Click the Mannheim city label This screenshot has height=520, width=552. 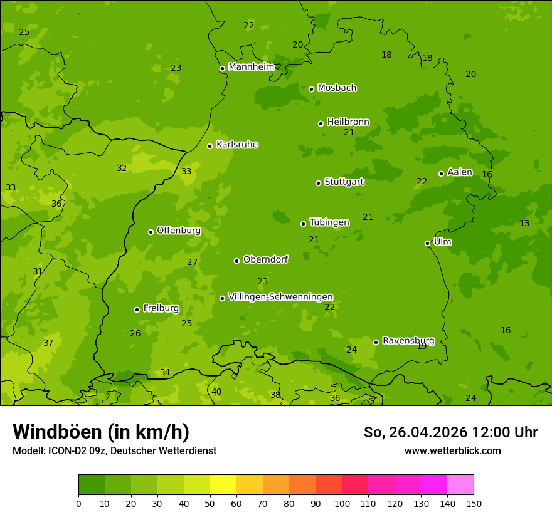tap(251, 66)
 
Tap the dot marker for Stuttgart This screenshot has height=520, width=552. tap(318, 183)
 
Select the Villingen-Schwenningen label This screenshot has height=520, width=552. tap(280, 297)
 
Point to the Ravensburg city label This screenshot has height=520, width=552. tap(408, 341)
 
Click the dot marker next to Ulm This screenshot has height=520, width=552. tap(427, 243)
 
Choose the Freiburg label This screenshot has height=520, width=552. tap(161, 308)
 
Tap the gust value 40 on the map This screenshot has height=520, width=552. tap(216, 392)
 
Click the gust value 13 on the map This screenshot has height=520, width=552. tap(524, 224)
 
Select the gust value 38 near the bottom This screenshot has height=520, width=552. tap(275, 395)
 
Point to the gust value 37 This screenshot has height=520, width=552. tap(48, 343)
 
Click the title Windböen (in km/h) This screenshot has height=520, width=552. tap(101, 432)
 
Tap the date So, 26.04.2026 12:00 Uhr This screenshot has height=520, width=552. tap(450, 432)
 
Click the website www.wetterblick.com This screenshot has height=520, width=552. tap(452, 450)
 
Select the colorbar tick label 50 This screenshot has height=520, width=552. tap(210, 503)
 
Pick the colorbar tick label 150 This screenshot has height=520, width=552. tap(474, 503)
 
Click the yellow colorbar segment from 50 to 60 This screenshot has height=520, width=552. tap(223, 485)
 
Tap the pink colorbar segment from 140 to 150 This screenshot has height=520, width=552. tap(460, 485)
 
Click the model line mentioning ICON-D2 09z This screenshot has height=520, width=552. tap(114, 450)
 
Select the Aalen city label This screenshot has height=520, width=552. tap(460, 172)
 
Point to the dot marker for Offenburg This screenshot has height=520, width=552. tap(151, 232)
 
